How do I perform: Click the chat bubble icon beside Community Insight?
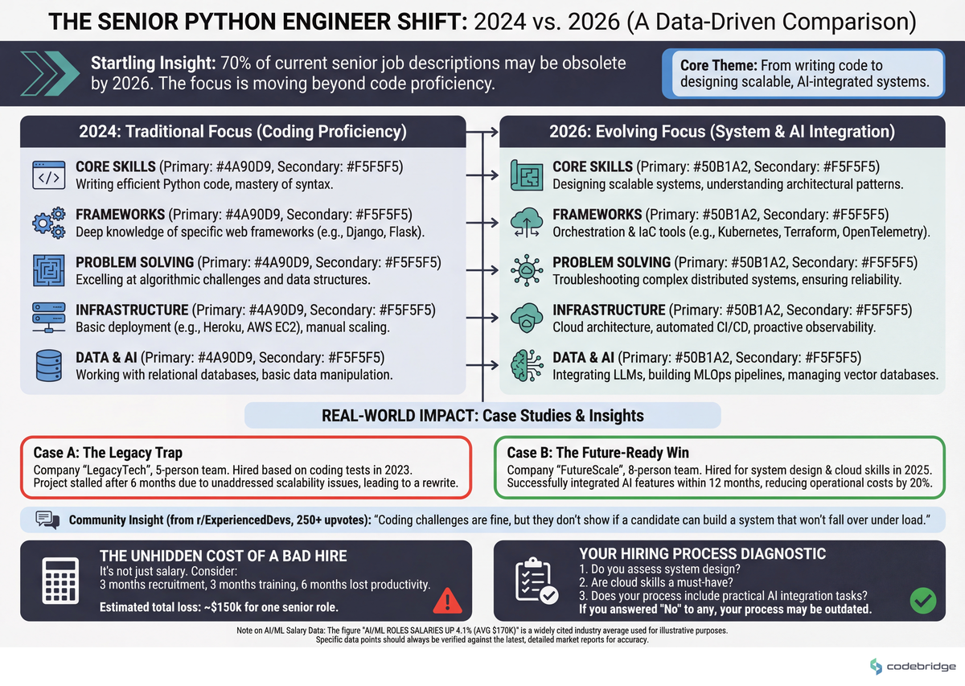(48, 520)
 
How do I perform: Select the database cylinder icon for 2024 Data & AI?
(48, 365)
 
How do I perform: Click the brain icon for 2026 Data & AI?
(527, 365)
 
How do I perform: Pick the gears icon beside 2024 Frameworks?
(48, 223)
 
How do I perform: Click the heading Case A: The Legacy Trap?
(108, 453)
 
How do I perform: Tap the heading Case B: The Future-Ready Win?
(599, 453)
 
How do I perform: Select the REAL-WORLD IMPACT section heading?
(482, 415)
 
